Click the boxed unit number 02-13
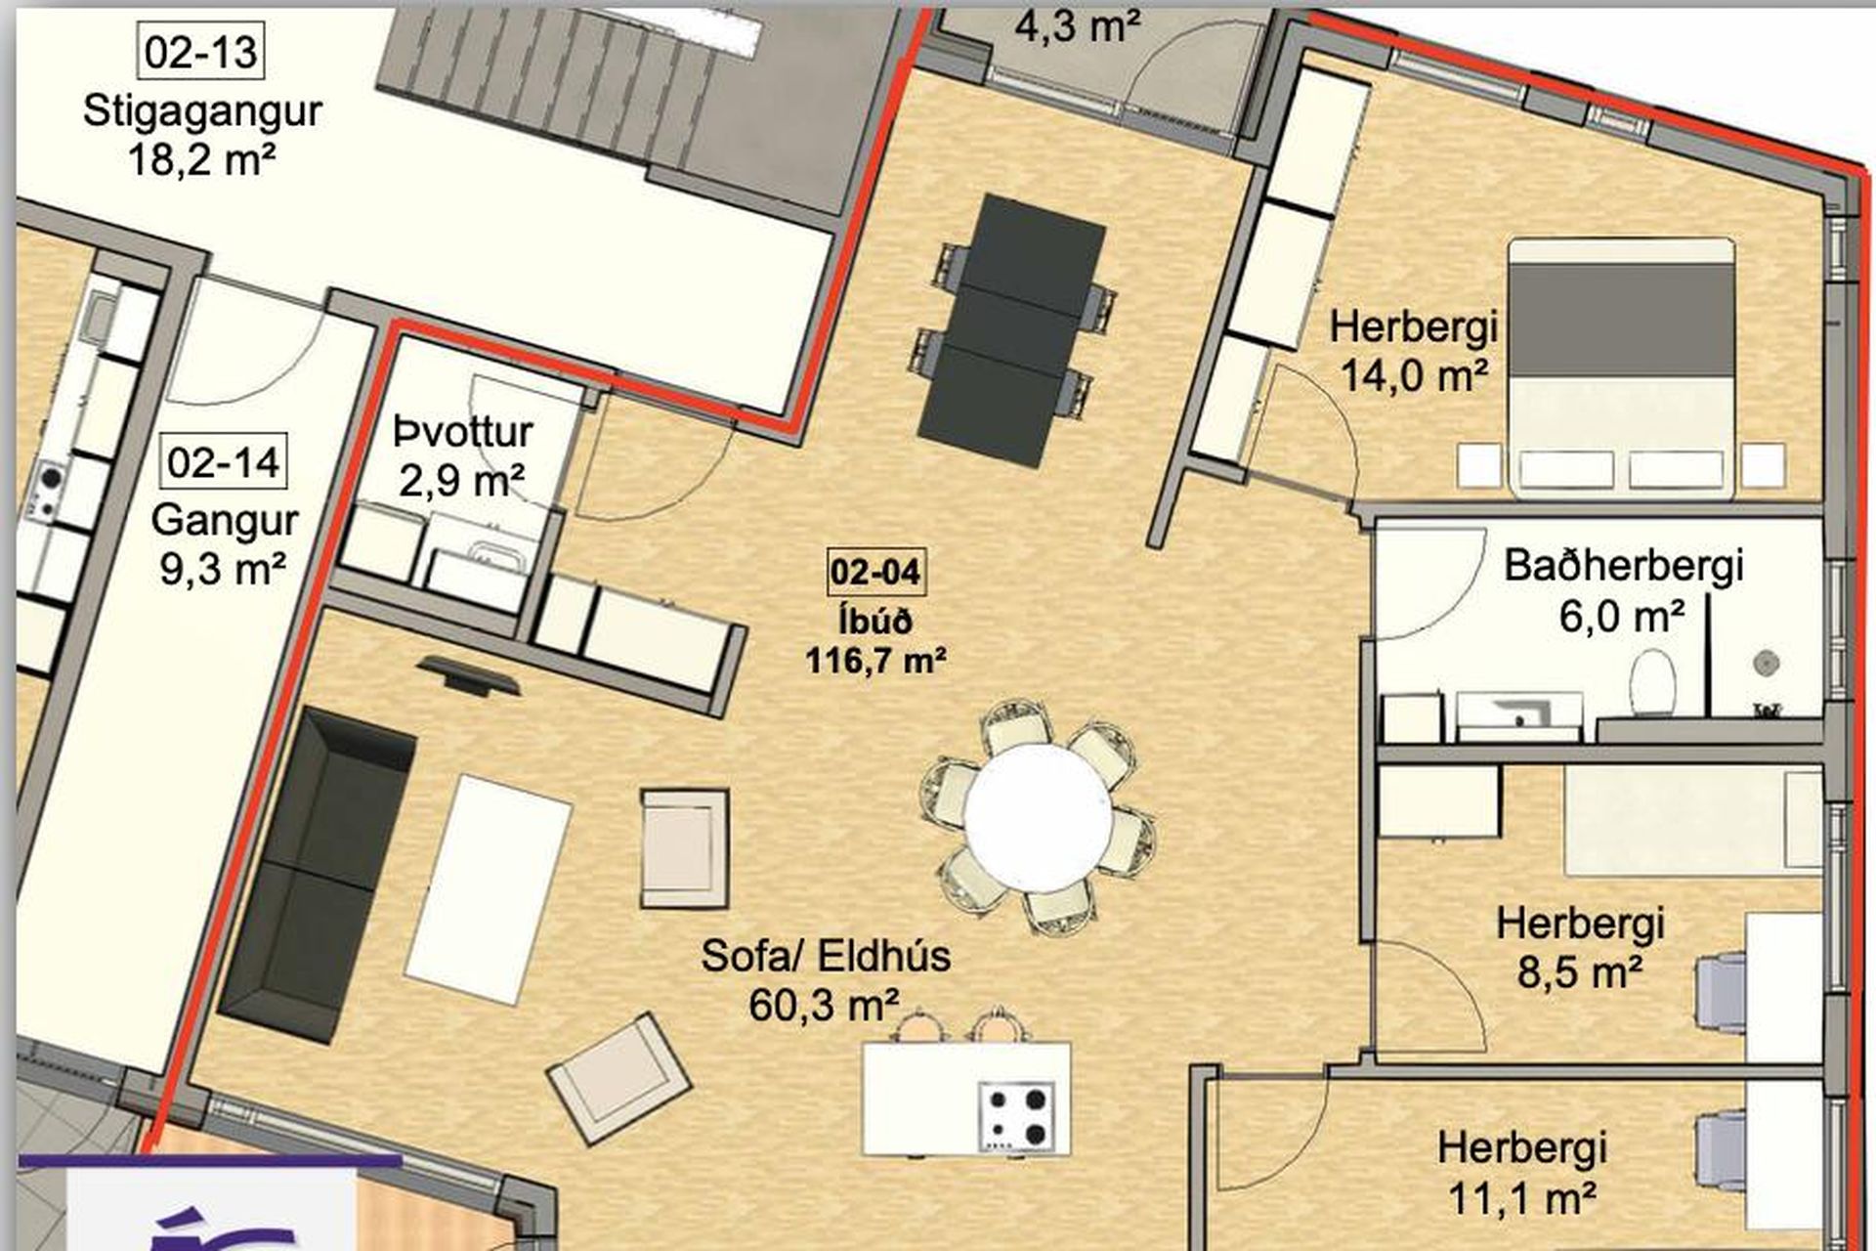click(x=201, y=52)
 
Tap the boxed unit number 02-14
click(x=224, y=461)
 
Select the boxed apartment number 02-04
click(x=875, y=571)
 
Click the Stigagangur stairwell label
click(x=202, y=111)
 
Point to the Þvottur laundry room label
click(x=463, y=431)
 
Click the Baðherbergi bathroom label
click(x=1623, y=566)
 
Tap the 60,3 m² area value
click(x=825, y=1004)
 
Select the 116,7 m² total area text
click(x=875, y=661)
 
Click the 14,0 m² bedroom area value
click(x=1413, y=374)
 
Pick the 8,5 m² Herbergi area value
click(x=1580, y=971)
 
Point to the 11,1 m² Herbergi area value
click(x=1522, y=1197)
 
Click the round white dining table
click(x=1038, y=817)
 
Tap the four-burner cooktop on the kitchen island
click(x=1017, y=1116)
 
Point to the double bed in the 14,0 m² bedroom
click(x=1622, y=367)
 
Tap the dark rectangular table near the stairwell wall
click(x=1011, y=319)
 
